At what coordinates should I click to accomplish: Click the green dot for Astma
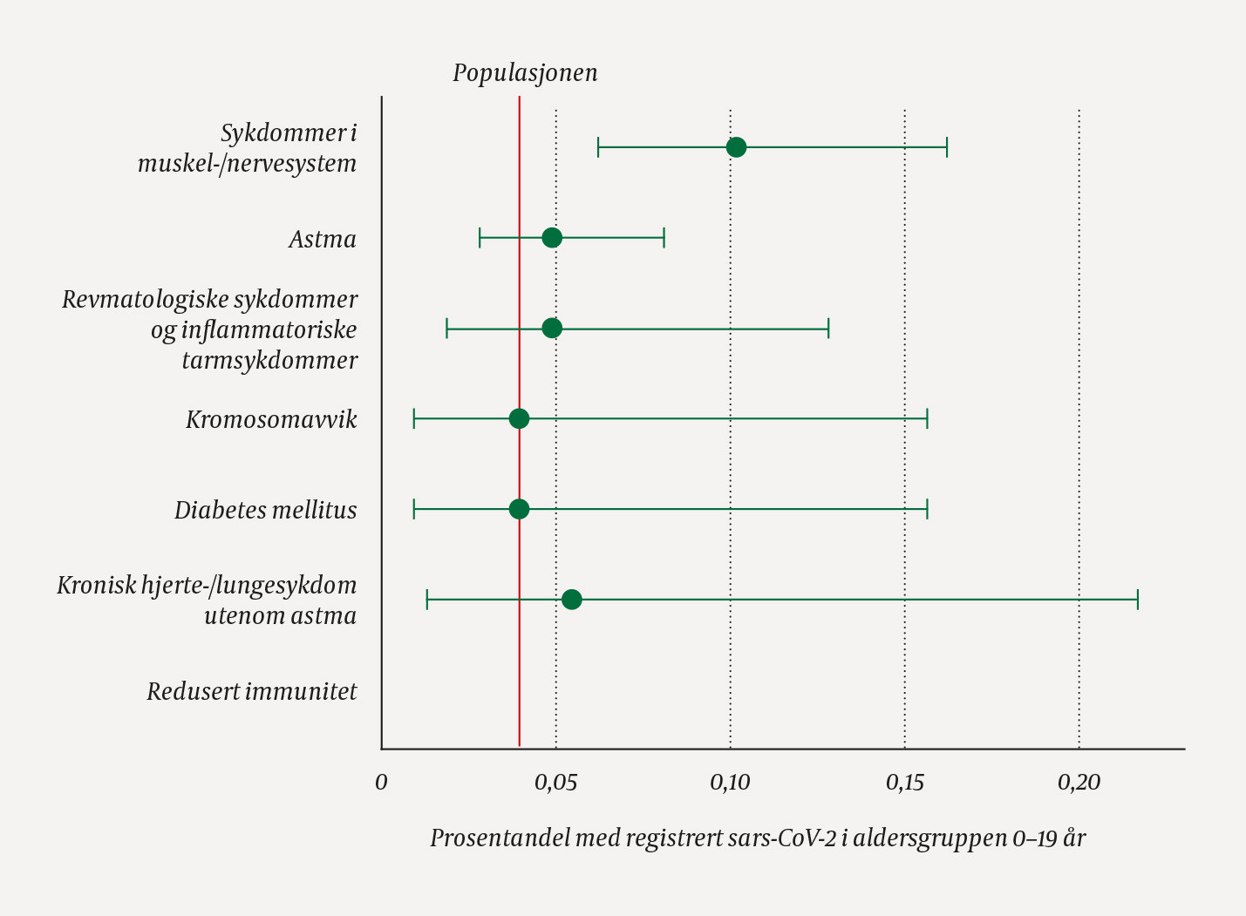coord(551,238)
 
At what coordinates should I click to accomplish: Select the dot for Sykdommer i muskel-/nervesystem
coord(736,147)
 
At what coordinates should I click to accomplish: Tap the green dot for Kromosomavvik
coord(519,419)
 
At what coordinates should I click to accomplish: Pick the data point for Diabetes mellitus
coord(519,509)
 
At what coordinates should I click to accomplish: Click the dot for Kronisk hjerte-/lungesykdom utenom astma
coord(571,600)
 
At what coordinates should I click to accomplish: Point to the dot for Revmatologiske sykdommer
coord(551,329)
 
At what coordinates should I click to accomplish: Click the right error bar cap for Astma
coord(664,238)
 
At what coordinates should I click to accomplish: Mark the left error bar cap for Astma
coord(480,238)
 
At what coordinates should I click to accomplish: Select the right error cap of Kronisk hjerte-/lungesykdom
coord(1138,600)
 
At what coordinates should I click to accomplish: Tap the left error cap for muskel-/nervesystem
coord(598,147)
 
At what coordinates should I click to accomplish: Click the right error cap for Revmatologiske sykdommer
coord(828,329)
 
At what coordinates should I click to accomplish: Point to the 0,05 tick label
coord(555,783)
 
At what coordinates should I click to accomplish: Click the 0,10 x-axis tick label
coord(730,783)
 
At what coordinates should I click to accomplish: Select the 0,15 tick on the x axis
coord(904,783)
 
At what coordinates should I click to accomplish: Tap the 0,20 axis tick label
coord(1079,783)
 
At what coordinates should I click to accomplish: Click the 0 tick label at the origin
coord(381,783)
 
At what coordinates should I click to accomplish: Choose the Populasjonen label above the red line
coord(525,72)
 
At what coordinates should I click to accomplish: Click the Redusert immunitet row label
coord(252,692)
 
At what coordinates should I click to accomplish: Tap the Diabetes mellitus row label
coord(265,510)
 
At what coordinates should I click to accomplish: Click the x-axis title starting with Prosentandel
coord(757,838)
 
